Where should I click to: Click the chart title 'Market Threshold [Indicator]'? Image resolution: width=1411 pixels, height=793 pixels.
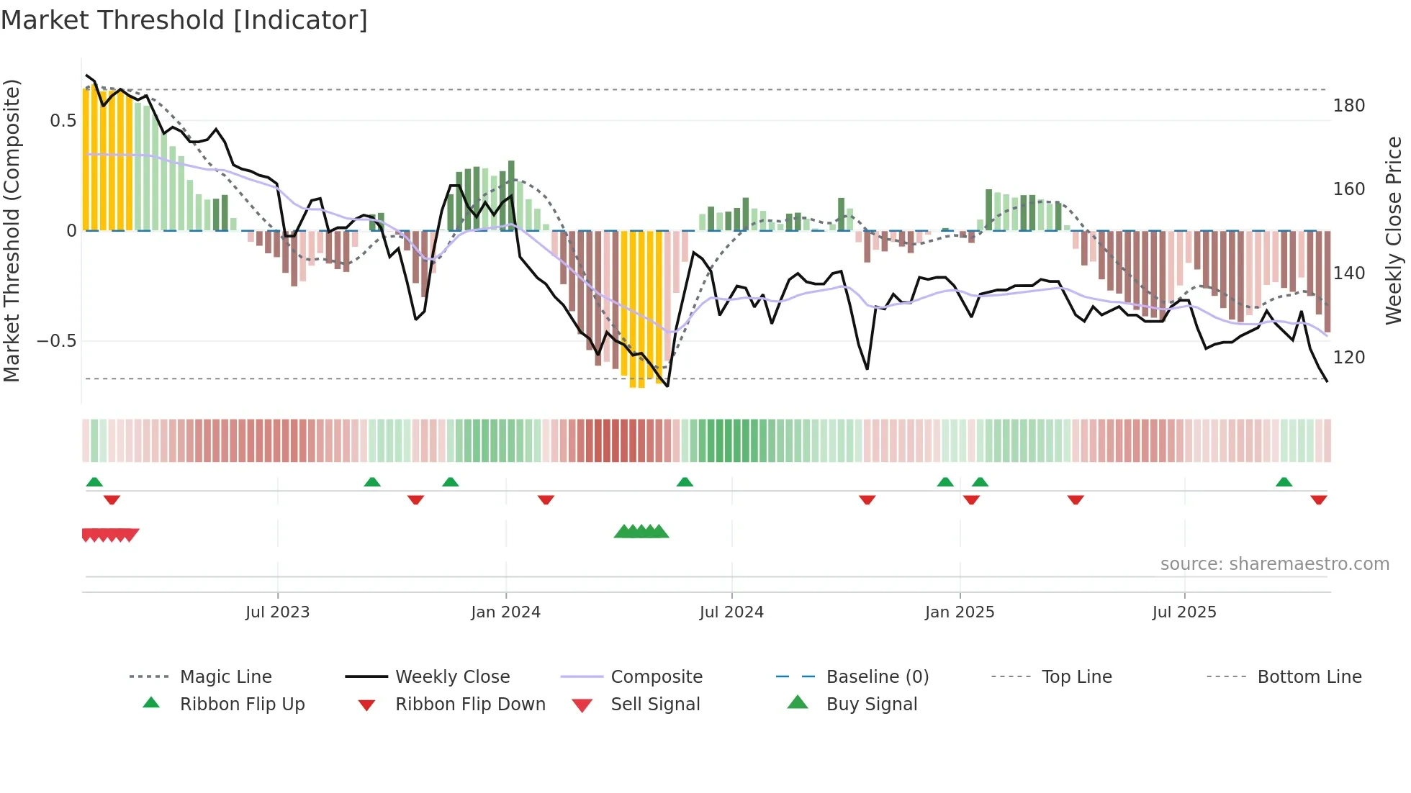pyautogui.click(x=184, y=20)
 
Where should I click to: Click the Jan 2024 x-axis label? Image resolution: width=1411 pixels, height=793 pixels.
pyautogui.click(x=505, y=612)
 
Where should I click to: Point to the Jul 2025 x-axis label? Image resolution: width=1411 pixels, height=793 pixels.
pyautogui.click(x=1184, y=612)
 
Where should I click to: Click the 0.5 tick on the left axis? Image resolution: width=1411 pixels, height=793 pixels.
pyautogui.click(x=63, y=121)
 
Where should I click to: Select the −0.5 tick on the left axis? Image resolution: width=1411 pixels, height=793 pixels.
pyautogui.click(x=57, y=341)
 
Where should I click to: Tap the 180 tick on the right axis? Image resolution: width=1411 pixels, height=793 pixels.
pyautogui.click(x=1348, y=106)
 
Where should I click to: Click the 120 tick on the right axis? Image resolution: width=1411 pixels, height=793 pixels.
pyautogui.click(x=1348, y=358)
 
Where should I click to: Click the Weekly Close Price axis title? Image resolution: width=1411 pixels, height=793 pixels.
pyautogui.click(x=1394, y=230)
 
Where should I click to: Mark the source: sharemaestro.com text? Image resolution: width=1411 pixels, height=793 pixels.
pyautogui.click(x=1274, y=564)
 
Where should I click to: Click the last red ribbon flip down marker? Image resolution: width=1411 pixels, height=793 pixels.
pyautogui.click(x=1318, y=500)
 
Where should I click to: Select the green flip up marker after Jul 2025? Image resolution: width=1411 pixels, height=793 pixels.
pyautogui.click(x=1284, y=482)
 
